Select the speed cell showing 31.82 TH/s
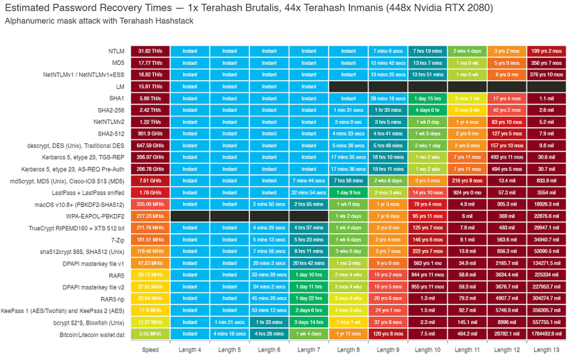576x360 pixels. tap(150, 51)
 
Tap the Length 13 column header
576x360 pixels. tap(547, 350)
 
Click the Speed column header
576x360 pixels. tap(150, 350)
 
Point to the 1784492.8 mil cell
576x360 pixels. tap(547, 334)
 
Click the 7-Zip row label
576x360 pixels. tap(118, 240)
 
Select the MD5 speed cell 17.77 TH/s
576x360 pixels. tap(150, 63)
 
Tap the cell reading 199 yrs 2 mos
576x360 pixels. tap(547, 51)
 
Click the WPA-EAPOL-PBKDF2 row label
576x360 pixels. tap(96, 216)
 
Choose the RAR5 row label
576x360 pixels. tap(117, 275)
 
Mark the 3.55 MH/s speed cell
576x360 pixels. tap(150, 334)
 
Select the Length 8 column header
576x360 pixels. tap(348, 350)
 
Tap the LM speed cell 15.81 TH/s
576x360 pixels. tap(150, 86)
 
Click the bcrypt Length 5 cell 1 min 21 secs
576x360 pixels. tap(229, 323)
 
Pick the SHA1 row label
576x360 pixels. tap(118, 98)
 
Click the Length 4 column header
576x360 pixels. tap(190, 350)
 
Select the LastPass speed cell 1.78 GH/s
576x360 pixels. tap(150, 192)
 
